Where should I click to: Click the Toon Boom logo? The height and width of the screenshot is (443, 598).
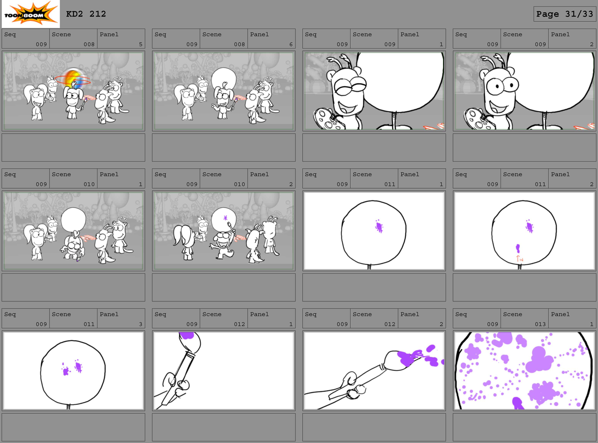(31, 14)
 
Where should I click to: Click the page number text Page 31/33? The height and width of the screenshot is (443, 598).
(564, 14)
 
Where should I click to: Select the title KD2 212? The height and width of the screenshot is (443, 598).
(86, 14)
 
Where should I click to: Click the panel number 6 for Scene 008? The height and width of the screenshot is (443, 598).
(291, 44)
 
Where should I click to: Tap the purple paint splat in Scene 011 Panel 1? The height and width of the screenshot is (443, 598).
(379, 227)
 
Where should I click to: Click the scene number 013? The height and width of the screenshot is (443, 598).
(540, 324)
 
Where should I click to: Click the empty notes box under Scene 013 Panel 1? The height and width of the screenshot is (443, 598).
(524, 427)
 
